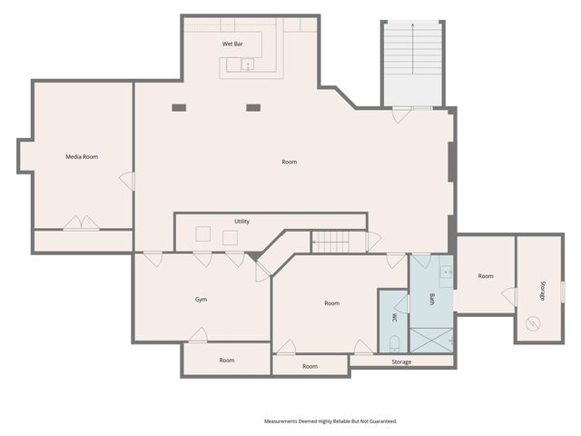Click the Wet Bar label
232,44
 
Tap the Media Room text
82,157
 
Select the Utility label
241,222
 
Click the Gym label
202,300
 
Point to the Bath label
432,299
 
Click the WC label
394,318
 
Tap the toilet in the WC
394,343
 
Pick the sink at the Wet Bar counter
247,64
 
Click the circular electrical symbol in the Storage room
533,323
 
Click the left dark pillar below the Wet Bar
179,108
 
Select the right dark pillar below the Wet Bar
253,108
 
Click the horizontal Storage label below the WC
401,362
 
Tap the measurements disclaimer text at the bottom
330,421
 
